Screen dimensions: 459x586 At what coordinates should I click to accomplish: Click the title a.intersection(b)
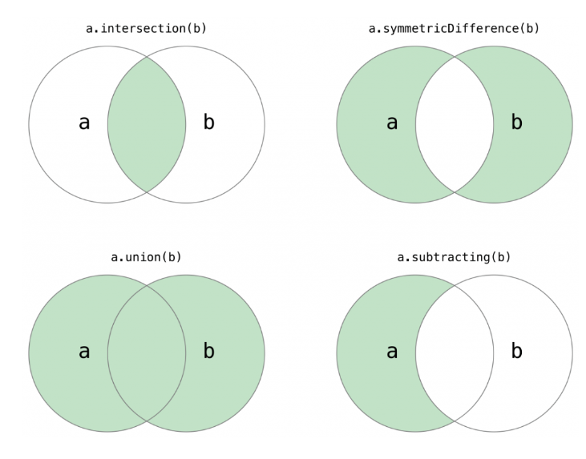click(x=146, y=29)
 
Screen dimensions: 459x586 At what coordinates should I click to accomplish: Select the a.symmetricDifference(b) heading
click(x=454, y=29)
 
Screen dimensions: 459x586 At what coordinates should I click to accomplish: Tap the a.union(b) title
click(x=146, y=257)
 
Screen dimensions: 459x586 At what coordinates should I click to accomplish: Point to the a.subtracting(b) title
click(x=454, y=257)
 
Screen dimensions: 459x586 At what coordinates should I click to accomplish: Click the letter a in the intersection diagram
click(x=84, y=123)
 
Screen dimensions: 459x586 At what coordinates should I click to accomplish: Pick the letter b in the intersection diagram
click(x=208, y=123)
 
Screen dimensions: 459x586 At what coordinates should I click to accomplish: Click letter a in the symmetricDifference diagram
click(x=392, y=123)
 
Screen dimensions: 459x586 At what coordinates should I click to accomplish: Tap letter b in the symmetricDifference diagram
click(x=516, y=123)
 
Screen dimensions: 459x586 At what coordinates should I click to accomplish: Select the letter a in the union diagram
click(x=84, y=351)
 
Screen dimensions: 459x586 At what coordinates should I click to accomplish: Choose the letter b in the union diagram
click(x=208, y=351)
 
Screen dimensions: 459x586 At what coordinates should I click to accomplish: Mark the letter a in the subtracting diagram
click(x=392, y=351)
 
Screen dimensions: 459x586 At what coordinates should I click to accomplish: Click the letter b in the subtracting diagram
click(x=516, y=351)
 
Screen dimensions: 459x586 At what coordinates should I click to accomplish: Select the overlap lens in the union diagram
click(x=147, y=352)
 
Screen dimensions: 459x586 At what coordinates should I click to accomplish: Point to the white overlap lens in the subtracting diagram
click(x=455, y=352)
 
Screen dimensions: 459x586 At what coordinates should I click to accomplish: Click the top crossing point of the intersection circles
click(x=147, y=57)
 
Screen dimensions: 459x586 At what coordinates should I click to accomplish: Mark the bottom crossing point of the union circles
click(x=147, y=421)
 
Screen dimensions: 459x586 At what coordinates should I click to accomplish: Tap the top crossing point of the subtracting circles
click(x=455, y=285)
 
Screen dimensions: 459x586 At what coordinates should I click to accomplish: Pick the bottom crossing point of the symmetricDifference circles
click(x=455, y=192)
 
